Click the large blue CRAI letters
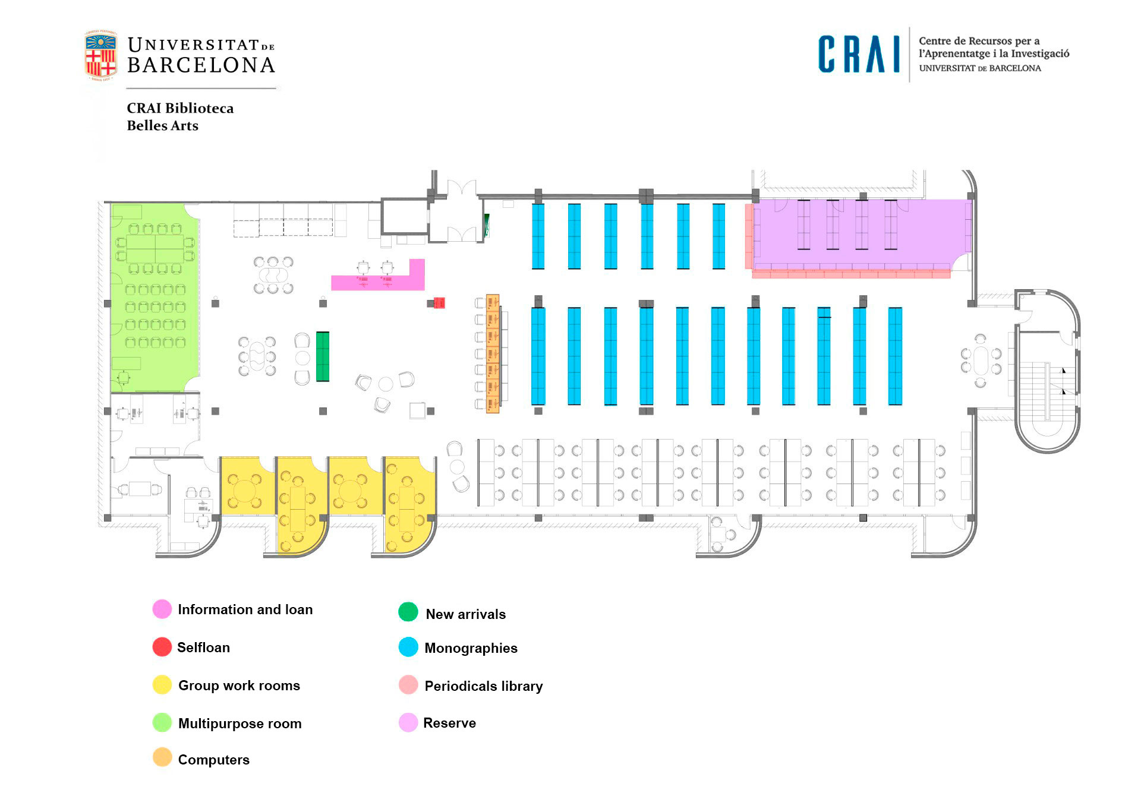[x=859, y=55]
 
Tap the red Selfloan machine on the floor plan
[x=439, y=303]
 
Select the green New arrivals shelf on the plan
[x=322, y=356]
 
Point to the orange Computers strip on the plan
[x=492, y=353]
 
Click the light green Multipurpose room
[x=155, y=297]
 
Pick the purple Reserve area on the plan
[x=862, y=232]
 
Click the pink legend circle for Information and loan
[x=162, y=609]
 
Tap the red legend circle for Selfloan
[x=162, y=647]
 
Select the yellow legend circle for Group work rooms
[x=162, y=685]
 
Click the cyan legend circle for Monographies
[x=408, y=647]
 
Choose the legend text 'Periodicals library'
[x=483, y=686]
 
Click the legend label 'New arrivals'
[x=465, y=614]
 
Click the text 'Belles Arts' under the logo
[x=162, y=125]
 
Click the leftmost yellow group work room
[x=246, y=485]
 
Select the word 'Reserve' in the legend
[x=449, y=723]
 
